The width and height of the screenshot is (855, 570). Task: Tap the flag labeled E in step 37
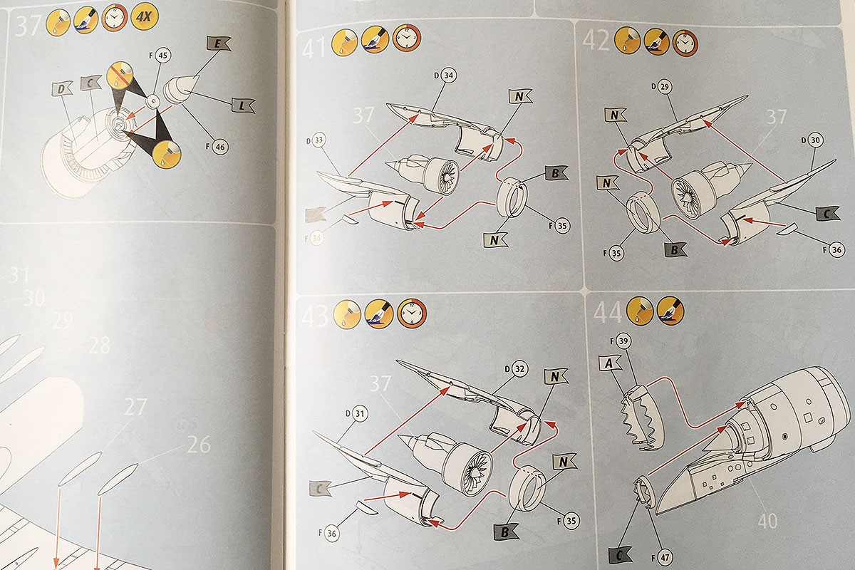click(x=219, y=45)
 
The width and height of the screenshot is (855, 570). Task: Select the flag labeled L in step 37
click(x=242, y=105)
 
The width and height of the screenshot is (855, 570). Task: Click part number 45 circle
click(x=163, y=55)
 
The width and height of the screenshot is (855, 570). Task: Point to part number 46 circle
click(x=219, y=147)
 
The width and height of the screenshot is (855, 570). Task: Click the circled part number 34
click(x=449, y=75)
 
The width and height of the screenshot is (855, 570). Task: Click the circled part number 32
click(x=519, y=369)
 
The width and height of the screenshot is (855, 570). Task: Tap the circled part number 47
click(x=665, y=557)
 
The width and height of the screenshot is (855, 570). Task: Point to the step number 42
click(x=596, y=41)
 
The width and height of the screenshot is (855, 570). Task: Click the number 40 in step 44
click(x=767, y=521)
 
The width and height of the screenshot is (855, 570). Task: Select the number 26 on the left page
click(x=199, y=445)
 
